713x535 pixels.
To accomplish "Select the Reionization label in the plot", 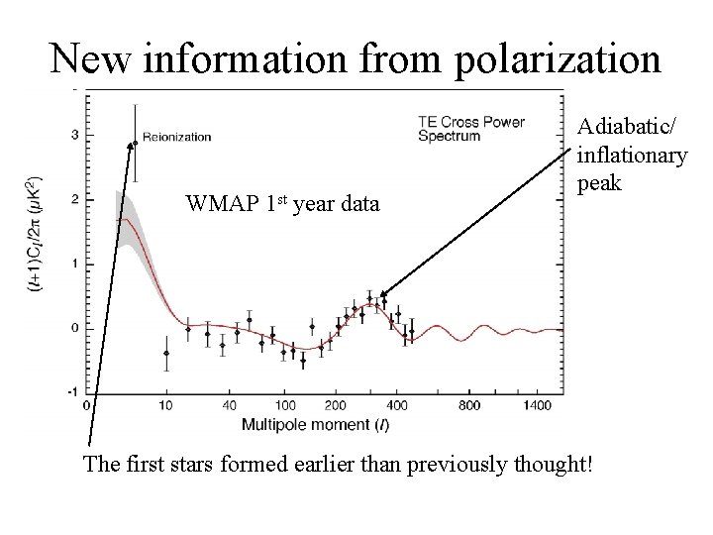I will coord(177,137).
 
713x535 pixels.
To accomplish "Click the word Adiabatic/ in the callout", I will coord(630,128).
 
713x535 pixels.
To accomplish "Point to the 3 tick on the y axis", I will coord(76,135).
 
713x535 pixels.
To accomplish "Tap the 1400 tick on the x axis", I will coord(539,405).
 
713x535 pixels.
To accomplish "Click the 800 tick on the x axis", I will coord(469,405).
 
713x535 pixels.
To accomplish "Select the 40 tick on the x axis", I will coord(230,405).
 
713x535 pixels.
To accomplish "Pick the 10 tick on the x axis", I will coord(165,405).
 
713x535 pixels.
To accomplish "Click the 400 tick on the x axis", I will coord(396,405).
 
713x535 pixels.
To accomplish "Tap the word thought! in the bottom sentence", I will coord(548,465).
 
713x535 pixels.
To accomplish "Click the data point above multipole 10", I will coord(166,353).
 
